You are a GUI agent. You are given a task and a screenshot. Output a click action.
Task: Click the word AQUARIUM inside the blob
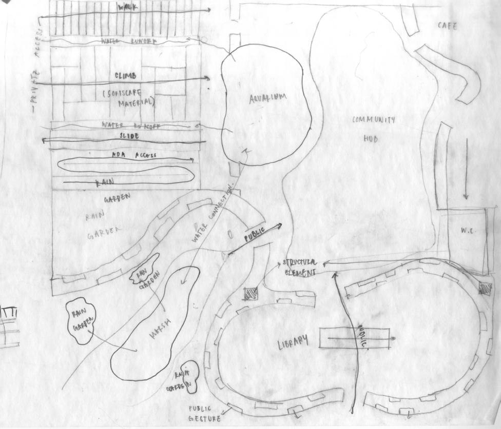tap(268, 98)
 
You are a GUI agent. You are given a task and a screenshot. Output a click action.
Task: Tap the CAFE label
tap(447, 26)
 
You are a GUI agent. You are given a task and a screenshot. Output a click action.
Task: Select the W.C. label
tap(466, 231)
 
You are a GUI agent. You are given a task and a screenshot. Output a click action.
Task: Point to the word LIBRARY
tap(294, 342)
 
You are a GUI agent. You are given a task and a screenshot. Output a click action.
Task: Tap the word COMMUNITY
tap(373, 120)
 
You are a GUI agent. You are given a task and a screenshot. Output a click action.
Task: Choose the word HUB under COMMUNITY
tap(371, 138)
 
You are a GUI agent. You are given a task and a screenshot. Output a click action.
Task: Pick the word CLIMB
tap(125, 76)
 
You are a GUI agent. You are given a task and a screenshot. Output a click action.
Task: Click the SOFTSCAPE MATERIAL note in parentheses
tap(128, 97)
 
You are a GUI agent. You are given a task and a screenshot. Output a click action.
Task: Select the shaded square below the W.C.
tap(485, 288)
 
